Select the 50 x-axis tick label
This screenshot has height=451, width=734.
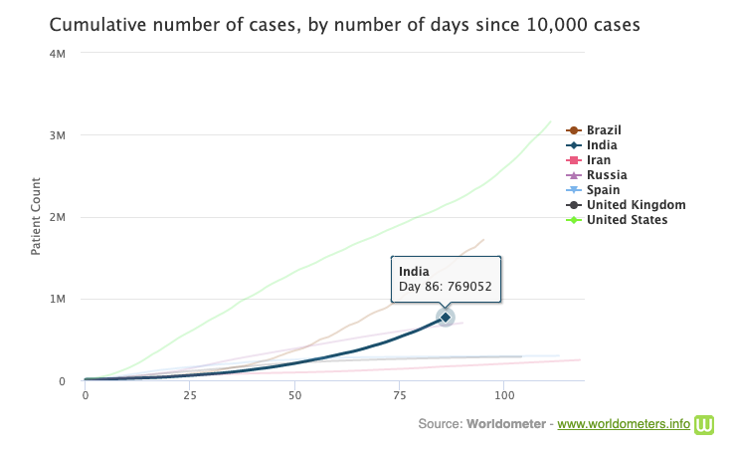coord(294,395)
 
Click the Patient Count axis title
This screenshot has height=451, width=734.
coord(36,216)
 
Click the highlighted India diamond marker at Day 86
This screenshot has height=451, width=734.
coord(446,317)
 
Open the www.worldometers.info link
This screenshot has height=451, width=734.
coord(624,424)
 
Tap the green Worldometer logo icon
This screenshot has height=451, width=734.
coord(706,424)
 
